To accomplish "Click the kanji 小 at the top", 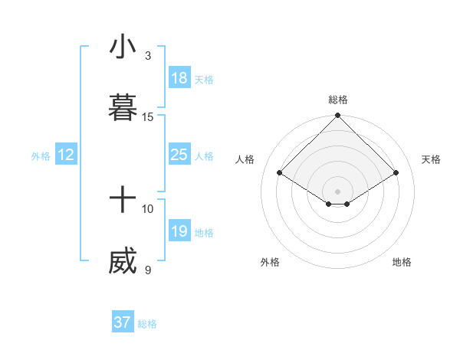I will point(123,47).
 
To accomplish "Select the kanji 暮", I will point(123,108).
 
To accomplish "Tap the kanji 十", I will point(123,201).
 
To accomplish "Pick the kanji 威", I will point(123,262).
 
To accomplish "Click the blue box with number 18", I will point(179,78).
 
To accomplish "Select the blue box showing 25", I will point(179,155).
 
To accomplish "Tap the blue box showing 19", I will point(179,231).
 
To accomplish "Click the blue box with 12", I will point(65,155).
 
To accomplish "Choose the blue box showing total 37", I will point(122,322).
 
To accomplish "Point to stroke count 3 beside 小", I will point(148,55).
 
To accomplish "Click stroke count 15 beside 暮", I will point(148,116).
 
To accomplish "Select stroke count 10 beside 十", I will point(148,208).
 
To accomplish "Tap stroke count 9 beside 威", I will point(148,270).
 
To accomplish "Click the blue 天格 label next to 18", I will point(203,79).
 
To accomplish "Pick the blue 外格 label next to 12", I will point(41,155).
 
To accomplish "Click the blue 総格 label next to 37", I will point(147,324).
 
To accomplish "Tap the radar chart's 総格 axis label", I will point(338,100).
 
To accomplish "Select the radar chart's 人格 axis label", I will point(245,159).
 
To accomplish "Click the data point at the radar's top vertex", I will point(338,116).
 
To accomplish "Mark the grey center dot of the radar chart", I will point(338,191).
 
